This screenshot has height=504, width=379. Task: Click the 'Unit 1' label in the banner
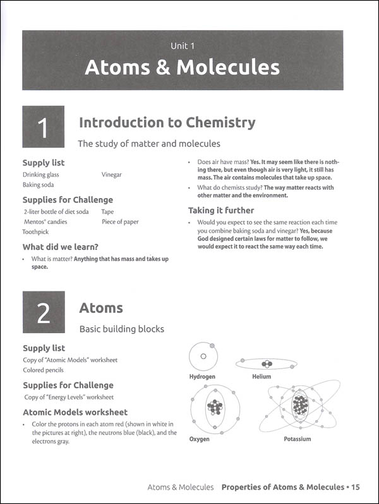182,45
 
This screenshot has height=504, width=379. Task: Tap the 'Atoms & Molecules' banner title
182,67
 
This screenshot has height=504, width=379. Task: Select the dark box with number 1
43,127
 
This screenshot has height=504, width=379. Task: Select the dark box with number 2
43,312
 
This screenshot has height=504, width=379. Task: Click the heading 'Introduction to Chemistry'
167,122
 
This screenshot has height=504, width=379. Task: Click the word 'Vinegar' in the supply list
111,174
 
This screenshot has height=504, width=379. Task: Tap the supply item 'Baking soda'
38,185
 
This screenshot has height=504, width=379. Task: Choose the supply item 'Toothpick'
35,232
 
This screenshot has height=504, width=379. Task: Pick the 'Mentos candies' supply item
45,222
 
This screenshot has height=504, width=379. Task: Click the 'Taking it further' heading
220,211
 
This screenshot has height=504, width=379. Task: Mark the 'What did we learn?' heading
60,247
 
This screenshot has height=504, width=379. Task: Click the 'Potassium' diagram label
297,439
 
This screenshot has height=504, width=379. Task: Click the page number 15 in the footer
356,487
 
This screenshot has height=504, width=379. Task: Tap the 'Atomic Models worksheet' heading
75,412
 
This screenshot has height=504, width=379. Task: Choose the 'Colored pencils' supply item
43,370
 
